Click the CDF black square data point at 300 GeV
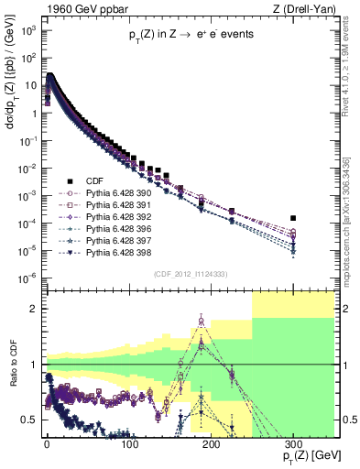click(293, 218)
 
